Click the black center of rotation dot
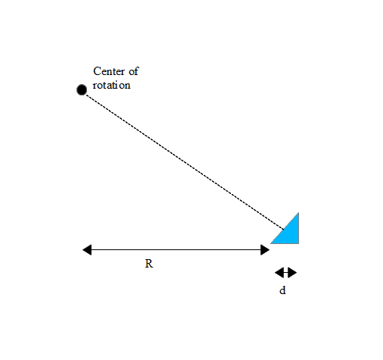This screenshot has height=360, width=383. point(82,89)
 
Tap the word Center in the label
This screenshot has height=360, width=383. point(109,71)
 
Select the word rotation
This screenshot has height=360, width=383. point(111,85)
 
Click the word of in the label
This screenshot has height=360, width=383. point(134,71)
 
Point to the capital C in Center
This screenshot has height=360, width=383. point(97,71)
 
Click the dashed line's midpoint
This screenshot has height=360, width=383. point(185,162)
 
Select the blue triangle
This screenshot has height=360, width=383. point(289,233)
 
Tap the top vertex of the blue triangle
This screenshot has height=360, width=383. point(299,213)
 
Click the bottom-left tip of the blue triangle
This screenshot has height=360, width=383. point(271,243)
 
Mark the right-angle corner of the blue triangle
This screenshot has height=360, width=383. point(299,243)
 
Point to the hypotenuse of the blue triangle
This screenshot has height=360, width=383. point(285,228)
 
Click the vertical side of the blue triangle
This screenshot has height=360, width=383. point(299,228)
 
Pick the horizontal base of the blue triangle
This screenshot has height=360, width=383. point(285,243)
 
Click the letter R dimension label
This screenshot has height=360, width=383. point(149,264)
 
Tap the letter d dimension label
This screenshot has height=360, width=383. point(282,290)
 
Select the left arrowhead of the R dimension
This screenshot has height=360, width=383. point(87,250)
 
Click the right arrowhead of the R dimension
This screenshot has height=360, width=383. point(265,250)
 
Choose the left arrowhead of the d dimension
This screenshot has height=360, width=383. point(279,273)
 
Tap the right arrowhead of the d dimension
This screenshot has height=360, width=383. point(292,273)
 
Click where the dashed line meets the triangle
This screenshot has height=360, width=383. point(284,230)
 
